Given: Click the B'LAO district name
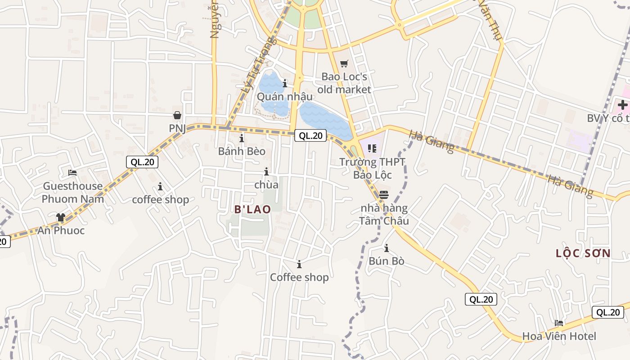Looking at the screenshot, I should (x=253, y=209).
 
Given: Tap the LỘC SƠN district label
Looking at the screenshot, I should (x=583, y=253).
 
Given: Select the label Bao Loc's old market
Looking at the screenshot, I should (x=344, y=83).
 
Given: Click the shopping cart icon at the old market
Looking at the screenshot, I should (x=344, y=64).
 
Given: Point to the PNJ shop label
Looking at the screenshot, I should (x=177, y=128).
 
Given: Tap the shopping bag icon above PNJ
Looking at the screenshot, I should (x=177, y=116).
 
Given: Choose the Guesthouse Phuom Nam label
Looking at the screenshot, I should (x=73, y=193).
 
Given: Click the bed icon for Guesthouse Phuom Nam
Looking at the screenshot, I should (x=72, y=173).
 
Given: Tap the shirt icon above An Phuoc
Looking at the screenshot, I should (x=61, y=217).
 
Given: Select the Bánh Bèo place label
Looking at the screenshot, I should (x=242, y=151).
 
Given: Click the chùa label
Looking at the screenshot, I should (x=266, y=184).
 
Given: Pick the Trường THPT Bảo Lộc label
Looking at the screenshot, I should (x=372, y=168).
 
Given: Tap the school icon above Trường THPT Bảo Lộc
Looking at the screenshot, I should (x=372, y=148).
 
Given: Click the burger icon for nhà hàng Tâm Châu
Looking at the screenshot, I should (x=384, y=195).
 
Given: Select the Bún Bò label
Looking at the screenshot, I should (x=387, y=261).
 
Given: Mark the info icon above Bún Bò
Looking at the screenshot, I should (x=386, y=248).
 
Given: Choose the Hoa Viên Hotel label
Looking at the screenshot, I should (x=559, y=336).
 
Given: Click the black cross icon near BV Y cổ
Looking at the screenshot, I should (x=622, y=105).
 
